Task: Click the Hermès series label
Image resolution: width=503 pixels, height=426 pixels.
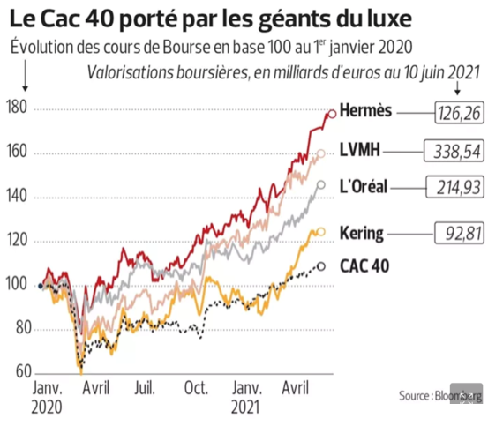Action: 368,112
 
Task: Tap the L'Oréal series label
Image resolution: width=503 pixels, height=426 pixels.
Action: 365,186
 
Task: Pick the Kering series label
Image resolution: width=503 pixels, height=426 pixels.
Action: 362,233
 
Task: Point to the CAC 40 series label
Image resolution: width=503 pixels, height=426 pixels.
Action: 364,265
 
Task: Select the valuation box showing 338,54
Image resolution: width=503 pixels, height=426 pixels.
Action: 453,151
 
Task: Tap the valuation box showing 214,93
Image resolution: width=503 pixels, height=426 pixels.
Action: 453,187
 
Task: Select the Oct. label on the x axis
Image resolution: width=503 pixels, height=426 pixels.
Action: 196,388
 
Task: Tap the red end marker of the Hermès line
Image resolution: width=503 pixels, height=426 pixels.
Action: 332,113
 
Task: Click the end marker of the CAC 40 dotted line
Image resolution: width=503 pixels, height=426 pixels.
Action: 320,265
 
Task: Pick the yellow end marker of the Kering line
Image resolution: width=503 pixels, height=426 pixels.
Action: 320,231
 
